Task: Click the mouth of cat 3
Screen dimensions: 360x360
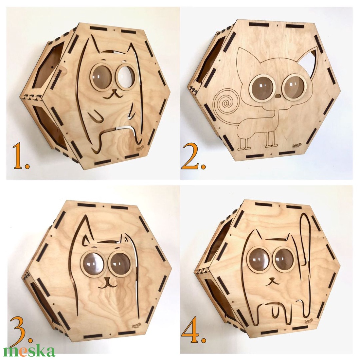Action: (x=108, y=284)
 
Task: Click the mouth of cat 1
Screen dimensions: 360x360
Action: (x=113, y=95)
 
